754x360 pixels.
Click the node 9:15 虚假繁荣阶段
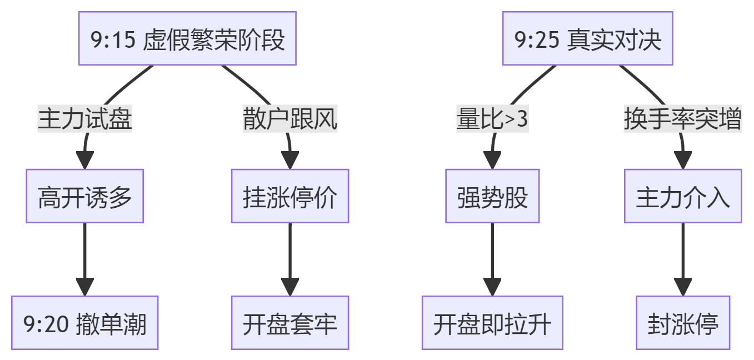188,38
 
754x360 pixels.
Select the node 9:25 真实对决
587,38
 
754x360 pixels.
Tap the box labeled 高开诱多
85,196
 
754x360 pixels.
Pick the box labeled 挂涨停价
290,196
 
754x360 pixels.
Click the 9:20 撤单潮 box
85,323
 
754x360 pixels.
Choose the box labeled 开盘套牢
290,323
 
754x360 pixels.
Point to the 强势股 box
492,196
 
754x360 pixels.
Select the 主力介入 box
683,196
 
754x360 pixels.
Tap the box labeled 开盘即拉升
492,323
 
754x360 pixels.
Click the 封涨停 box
683,323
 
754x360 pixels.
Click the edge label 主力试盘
85,118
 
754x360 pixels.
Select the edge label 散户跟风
290,118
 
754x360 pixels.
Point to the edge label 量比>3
492,118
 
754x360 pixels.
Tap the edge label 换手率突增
683,118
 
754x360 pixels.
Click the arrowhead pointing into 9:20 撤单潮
85,288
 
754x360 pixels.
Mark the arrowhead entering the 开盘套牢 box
290,288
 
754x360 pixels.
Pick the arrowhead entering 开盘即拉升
492,288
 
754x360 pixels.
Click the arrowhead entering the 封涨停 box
683,288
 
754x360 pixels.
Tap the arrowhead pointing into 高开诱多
85,161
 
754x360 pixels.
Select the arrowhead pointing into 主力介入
683,161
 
